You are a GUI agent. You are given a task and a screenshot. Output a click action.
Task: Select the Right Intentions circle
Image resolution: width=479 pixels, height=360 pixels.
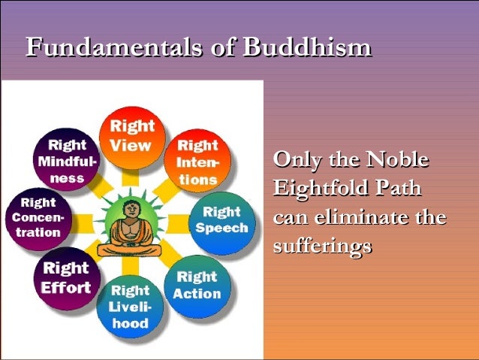(197, 161)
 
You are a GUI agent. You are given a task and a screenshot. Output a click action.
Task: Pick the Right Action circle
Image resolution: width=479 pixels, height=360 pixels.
(197, 283)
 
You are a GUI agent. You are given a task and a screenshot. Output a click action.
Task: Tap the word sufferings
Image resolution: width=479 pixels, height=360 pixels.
(322, 247)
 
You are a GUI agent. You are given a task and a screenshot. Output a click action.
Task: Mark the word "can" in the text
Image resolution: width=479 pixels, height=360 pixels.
(290, 218)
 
